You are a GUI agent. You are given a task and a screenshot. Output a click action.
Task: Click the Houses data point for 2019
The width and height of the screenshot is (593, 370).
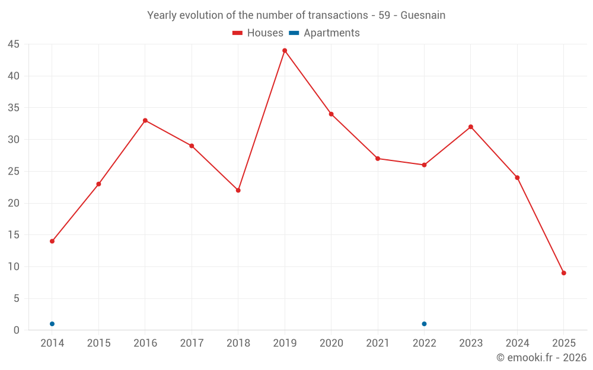coord(285,50)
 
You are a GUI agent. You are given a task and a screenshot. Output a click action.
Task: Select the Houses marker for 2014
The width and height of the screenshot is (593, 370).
coord(52,241)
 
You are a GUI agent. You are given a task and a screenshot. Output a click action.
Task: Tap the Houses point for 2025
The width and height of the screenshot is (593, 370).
coord(563,273)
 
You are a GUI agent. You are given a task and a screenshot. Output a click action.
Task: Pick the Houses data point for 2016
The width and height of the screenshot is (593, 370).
coord(145,120)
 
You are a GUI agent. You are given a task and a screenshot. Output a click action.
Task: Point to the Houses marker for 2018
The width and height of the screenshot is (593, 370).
coord(238,190)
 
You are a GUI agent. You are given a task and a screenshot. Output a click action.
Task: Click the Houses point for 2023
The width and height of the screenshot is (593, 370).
coord(471,127)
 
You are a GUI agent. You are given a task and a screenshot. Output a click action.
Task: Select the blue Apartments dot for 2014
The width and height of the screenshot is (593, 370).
coord(52,324)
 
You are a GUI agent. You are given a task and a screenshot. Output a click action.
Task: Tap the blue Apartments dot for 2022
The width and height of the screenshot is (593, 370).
coord(424,324)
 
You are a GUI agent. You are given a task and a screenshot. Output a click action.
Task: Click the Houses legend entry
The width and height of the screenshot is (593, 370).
coord(258,33)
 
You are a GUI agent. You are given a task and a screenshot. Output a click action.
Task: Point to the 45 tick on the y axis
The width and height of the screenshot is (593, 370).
coord(13,44)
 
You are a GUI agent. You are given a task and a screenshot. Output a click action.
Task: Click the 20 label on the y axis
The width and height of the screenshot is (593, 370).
coord(13,203)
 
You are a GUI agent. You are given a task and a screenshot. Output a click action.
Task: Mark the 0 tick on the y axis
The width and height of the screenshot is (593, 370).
coord(16,330)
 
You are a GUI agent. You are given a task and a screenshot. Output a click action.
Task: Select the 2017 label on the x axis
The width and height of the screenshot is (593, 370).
coord(192,343)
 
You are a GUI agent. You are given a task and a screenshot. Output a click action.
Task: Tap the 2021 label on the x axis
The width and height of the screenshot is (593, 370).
coord(378,343)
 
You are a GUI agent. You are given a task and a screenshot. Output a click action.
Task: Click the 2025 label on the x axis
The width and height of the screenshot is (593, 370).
coord(563,343)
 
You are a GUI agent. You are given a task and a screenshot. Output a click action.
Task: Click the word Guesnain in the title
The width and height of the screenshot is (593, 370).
coord(423,15)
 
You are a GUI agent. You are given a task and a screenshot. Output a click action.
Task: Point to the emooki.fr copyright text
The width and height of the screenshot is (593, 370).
coord(541,358)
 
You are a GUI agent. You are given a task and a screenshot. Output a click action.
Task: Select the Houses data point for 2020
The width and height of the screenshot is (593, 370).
coord(331,114)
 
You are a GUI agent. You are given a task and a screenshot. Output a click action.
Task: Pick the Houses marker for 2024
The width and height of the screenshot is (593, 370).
coord(517,178)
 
